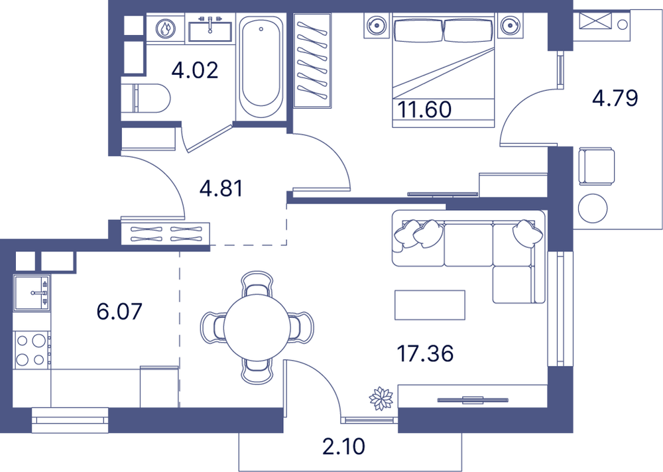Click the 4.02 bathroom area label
click(x=195, y=70)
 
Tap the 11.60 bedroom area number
click(x=424, y=109)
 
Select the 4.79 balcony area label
click(x=615, y=99)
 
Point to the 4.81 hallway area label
click(x=221, y=189)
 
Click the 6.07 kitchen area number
click(x=119, y=312)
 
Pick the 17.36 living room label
click(x=426, y=353)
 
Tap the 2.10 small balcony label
click(x=343, y=447)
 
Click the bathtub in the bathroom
click(x=261, y=66)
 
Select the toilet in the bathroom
click(x=146, y=98)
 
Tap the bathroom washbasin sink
click(x=210, y=29)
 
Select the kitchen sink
click(x=32, y=292)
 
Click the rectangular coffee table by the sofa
click(x=430, y=305)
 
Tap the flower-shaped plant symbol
click(x=381, y=398)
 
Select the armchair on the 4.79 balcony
click(x=596, y=166)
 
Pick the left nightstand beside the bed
click(x=377, y=25)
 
